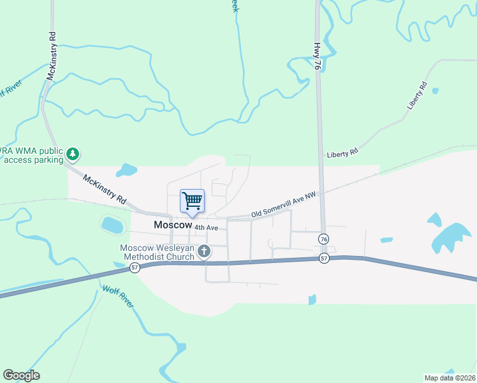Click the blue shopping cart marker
192,202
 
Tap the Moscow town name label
172,225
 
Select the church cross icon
204,252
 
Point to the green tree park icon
74,154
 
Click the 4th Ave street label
207,227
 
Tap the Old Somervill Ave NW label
283,204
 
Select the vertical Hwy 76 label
317,56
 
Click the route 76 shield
323,238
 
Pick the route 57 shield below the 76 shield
324,259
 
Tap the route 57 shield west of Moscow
135,268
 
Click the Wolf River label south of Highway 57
119,297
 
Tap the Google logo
21,375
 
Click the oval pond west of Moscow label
112,225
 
